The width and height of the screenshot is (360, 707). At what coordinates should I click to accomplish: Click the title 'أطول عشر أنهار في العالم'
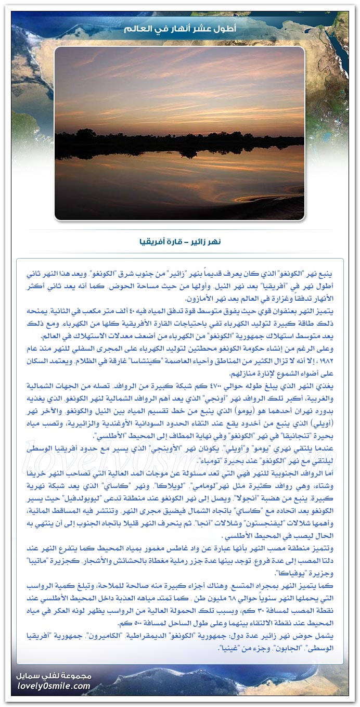(180, 28)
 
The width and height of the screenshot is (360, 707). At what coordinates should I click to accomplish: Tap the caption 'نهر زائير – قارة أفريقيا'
(180, 242)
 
